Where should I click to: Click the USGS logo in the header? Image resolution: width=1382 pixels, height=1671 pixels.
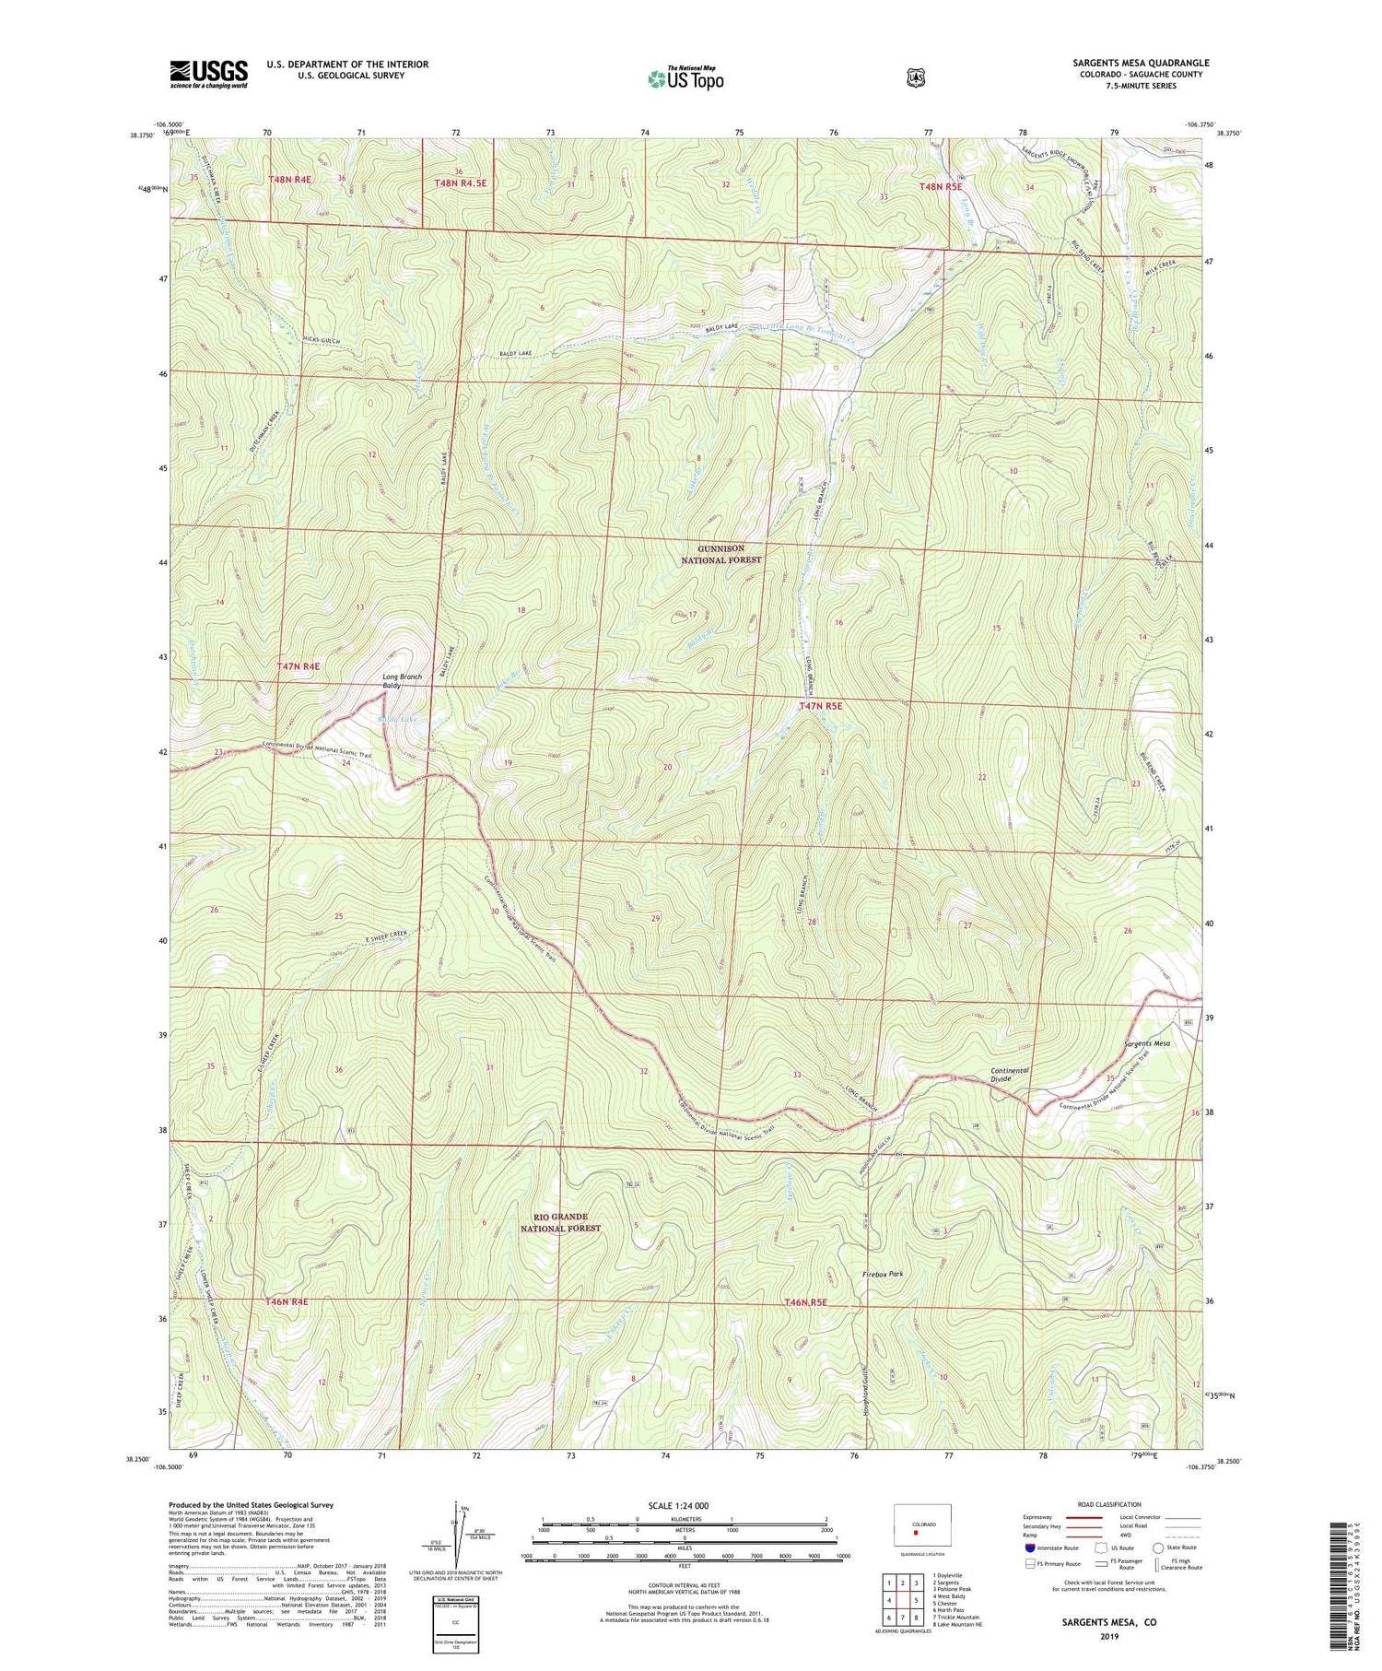pos(208,74)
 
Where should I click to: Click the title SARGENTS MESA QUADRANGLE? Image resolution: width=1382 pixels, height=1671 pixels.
pos(1141,63)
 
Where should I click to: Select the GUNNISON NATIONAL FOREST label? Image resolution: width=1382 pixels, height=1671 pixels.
pos(721,554)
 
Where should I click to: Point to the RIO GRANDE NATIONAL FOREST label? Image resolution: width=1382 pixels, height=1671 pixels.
pos(560,1222)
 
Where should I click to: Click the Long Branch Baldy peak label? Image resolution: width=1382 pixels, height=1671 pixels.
pos(403,682)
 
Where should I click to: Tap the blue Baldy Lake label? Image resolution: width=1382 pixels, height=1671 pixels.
pos(397,718)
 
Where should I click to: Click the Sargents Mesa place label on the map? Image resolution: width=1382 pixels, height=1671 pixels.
pos(1146,1043)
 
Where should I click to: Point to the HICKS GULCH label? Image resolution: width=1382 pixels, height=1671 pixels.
pos(321,341)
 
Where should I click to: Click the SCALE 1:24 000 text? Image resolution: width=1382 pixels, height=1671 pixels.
pos(684,1505)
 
